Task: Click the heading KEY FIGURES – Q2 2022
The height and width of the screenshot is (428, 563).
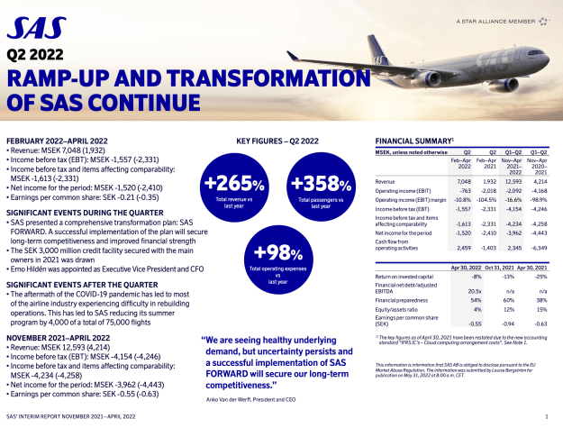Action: (x=277, y=141)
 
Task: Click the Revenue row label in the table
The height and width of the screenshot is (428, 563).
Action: (x=387, y=181)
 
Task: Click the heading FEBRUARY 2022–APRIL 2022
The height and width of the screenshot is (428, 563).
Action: (x=58, y=141)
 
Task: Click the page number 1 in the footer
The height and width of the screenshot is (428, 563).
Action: (x=548, y=419)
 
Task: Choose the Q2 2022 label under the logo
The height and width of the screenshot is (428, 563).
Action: (x=32, y=53)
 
